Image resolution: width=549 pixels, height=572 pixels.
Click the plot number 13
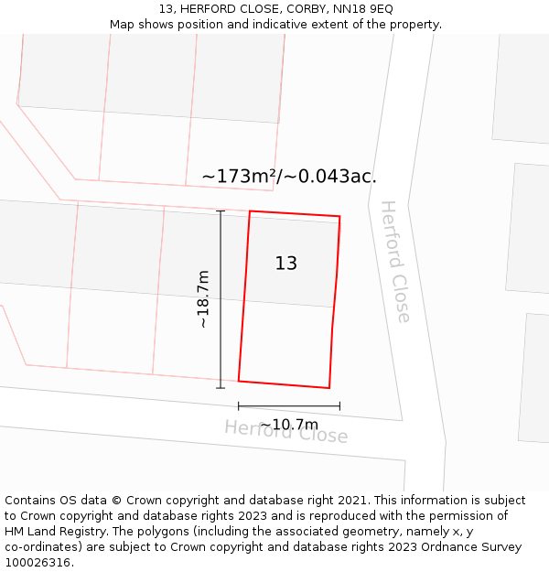point(286,264)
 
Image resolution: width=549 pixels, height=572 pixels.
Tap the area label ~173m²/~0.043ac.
point(289,177)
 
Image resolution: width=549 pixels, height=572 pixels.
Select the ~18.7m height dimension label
point(203,299)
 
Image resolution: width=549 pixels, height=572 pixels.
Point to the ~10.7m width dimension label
point(289,425)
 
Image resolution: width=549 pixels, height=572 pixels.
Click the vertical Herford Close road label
point(395,261)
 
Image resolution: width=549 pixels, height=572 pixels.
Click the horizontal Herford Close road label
point(286,431)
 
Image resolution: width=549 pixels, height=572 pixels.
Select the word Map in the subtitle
point(124,25)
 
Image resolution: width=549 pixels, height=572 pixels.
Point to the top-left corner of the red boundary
point(250,211)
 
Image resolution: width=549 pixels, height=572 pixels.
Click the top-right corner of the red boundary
point(339,217)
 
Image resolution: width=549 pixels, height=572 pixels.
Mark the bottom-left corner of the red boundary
point(239,381)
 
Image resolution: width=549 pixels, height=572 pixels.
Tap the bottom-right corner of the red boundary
point(329,388)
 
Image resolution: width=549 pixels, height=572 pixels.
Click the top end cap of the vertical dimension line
point(221,211)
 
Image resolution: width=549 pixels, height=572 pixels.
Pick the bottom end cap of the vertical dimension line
point(221,388)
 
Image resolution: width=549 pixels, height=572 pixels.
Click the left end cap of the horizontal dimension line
point(239,406)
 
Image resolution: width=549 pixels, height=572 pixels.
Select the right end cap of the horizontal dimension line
point(339,406)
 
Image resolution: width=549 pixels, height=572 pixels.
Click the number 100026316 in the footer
point(37,563)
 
